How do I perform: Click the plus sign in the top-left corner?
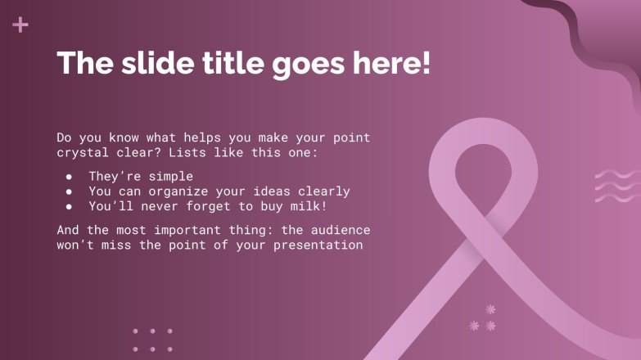pos(20,25)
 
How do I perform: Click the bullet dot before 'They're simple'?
pos(70,177)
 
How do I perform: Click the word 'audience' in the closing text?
pos(342,230)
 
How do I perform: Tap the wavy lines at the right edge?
pos(616,186)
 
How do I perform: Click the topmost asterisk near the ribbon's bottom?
pos(491,309)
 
